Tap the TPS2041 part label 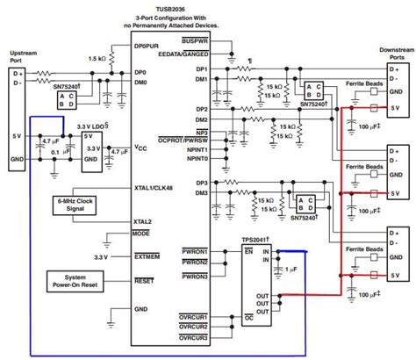point(260,239)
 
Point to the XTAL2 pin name point(142,221)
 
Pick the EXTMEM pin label point(146,256)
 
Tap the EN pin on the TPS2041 point(249,251)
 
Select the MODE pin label point(140,234)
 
